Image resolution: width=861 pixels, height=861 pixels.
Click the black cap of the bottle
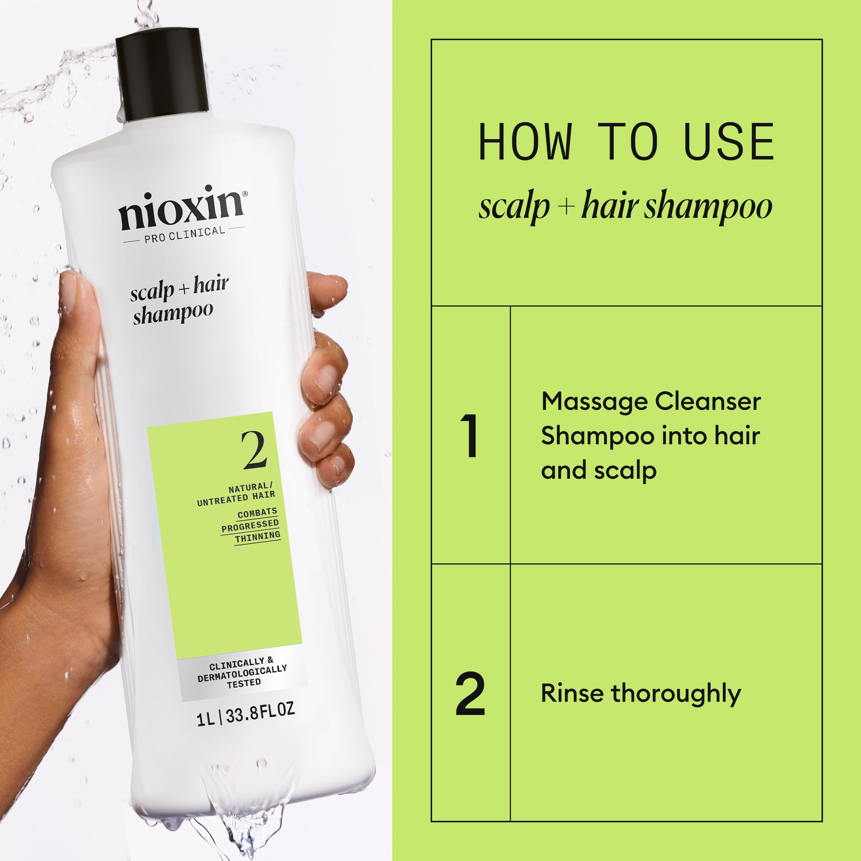point(162,76)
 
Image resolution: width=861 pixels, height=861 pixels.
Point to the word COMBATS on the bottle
point(257,513)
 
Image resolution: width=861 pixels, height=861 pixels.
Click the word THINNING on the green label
point(258,537)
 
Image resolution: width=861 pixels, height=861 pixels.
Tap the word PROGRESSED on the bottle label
point(250,526)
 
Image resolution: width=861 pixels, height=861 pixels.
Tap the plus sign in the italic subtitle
point(566,206)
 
